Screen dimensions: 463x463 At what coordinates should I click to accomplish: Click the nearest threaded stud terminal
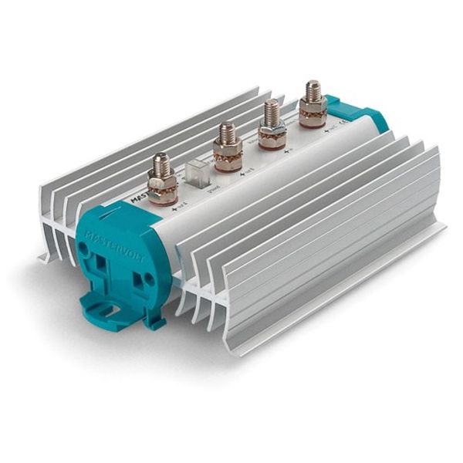pos(163,181)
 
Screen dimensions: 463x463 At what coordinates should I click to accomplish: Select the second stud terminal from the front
pos(228,147)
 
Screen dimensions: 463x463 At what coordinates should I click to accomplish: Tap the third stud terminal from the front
pos(272,125)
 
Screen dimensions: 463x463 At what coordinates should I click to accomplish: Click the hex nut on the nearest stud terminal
pos(163,186)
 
